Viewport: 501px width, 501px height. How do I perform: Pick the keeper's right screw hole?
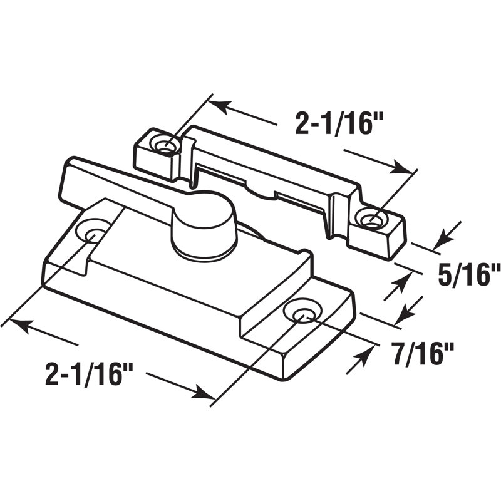coord(371,219)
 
